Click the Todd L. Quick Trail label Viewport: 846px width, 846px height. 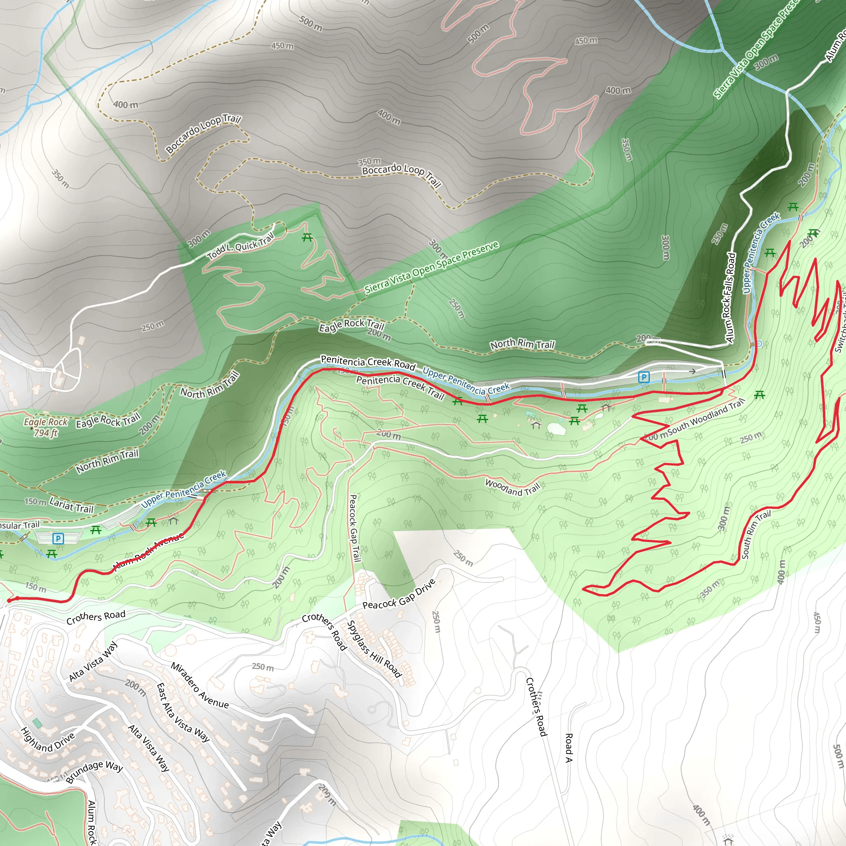[x=240, y=246]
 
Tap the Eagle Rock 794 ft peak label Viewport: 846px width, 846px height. [x=45, y=428]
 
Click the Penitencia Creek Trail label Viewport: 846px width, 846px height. [x=400, y=387]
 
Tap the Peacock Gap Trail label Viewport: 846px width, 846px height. [x=355, y=528]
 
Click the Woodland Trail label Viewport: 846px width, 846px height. [x=512, y=487]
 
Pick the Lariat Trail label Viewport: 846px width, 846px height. [x=71, y=505]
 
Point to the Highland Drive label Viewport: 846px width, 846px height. [x=47, y=739]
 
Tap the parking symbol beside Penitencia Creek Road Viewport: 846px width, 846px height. [x=644, y=377]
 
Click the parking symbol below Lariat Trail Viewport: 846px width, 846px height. [x=58, y=538]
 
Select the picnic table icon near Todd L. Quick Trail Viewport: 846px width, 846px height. [x=307, y=238]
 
